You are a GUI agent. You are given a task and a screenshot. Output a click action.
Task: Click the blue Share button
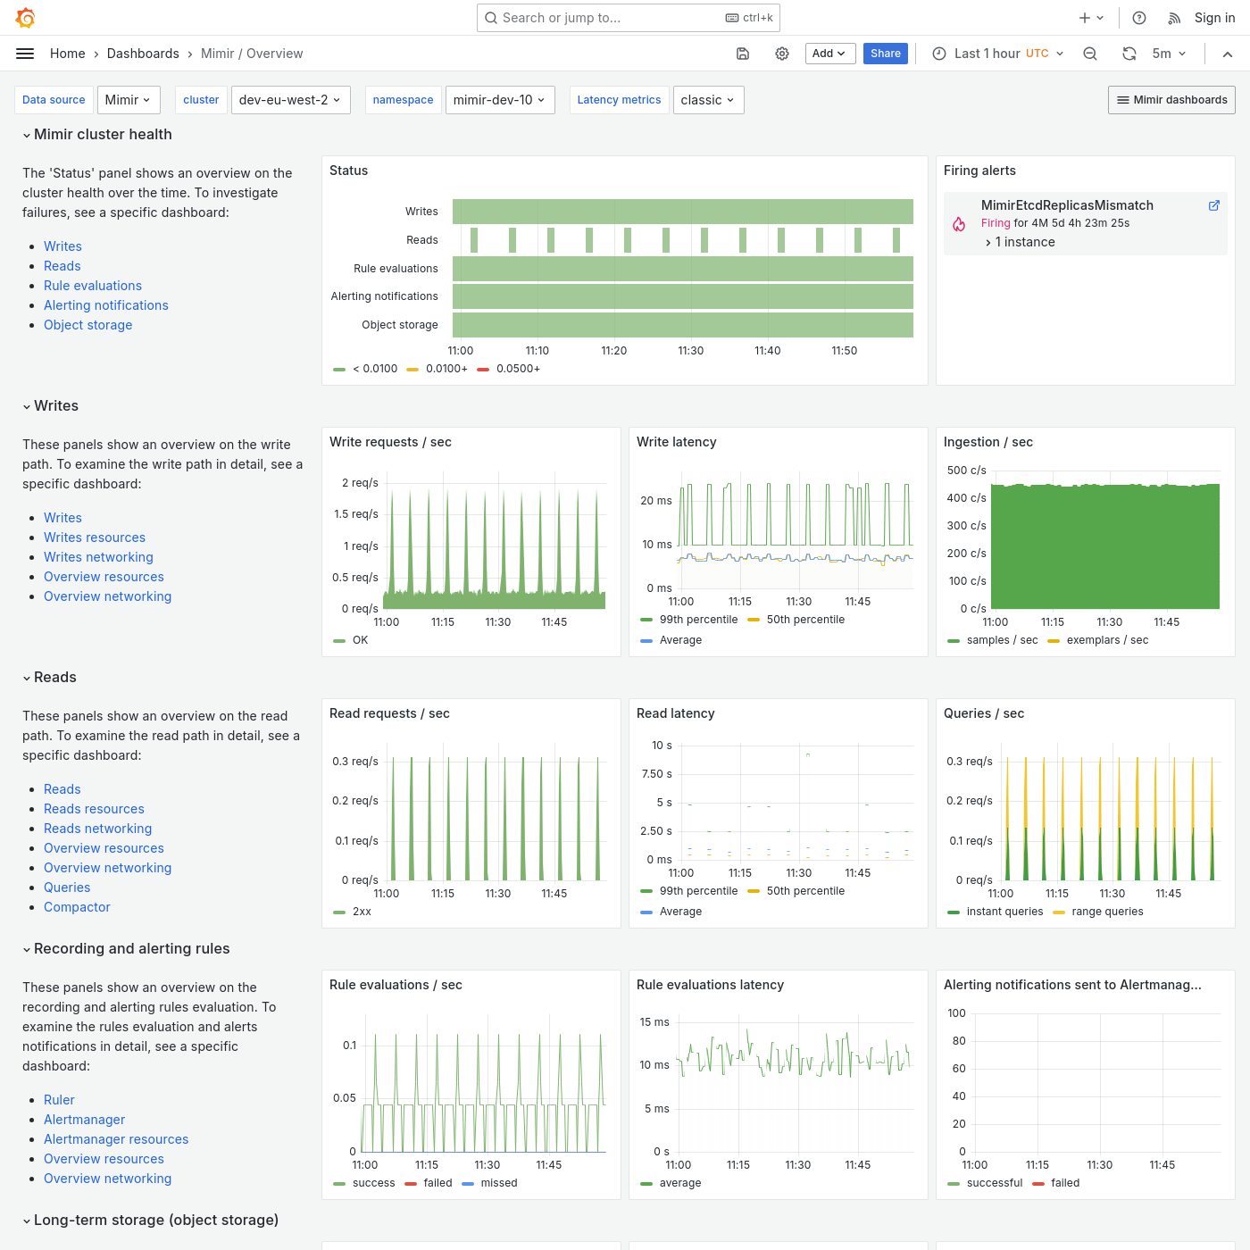point(885,54)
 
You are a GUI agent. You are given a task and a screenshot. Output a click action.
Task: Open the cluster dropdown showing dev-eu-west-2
point(290,100)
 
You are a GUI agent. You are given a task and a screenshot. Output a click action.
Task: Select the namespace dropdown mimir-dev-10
point(499,100)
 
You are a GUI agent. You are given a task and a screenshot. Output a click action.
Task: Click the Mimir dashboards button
point(1171,100)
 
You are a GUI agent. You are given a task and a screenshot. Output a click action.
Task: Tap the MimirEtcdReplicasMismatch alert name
point(1067,205)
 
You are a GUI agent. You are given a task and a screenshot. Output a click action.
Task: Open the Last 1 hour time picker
point(997,54)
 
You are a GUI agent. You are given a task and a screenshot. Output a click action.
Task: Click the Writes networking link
point(98,557)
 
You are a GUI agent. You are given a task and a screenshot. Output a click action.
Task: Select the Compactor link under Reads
point(77,907)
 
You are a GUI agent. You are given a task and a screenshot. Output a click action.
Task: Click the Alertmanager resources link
point(116,1139)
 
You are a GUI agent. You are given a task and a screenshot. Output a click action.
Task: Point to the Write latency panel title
point(676,442)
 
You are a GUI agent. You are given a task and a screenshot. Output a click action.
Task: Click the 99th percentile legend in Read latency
point(698,891)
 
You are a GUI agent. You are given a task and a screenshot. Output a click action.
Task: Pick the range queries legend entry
point(1107,912)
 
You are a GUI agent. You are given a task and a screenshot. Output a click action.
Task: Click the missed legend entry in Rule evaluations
point(498,1183)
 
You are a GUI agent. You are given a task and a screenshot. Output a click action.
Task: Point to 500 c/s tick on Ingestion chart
point(966,471)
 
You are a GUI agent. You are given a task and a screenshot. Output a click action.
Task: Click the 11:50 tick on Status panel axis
point(844,351)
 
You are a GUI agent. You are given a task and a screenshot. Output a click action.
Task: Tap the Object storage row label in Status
point(399,325)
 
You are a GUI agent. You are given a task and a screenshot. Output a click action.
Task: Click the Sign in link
point(1214,18)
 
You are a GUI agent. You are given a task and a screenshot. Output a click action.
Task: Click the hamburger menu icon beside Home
point(25,54)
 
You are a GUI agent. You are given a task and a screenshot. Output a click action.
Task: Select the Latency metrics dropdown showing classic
point(707,100)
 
